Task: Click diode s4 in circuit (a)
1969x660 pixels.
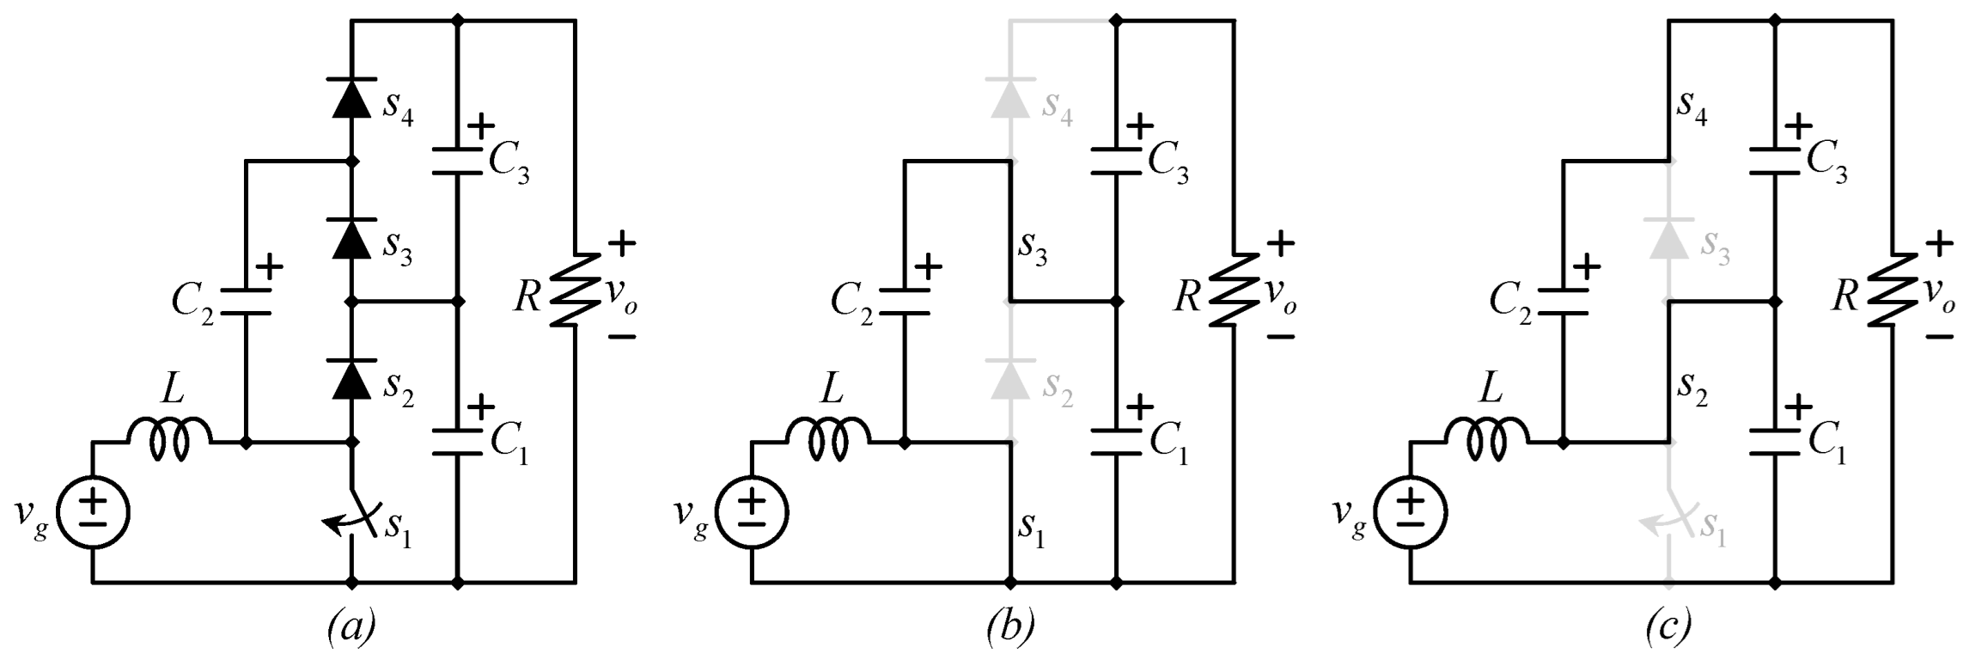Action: [351, 97]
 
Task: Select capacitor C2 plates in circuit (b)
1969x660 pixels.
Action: [904, 302]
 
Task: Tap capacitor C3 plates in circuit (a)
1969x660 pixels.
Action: [457, 162]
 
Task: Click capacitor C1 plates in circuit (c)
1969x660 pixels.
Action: [1776, 442]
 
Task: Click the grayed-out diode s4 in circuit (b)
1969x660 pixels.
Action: [1010, 97]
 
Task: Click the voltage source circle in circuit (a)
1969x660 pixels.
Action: [93, 513]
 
